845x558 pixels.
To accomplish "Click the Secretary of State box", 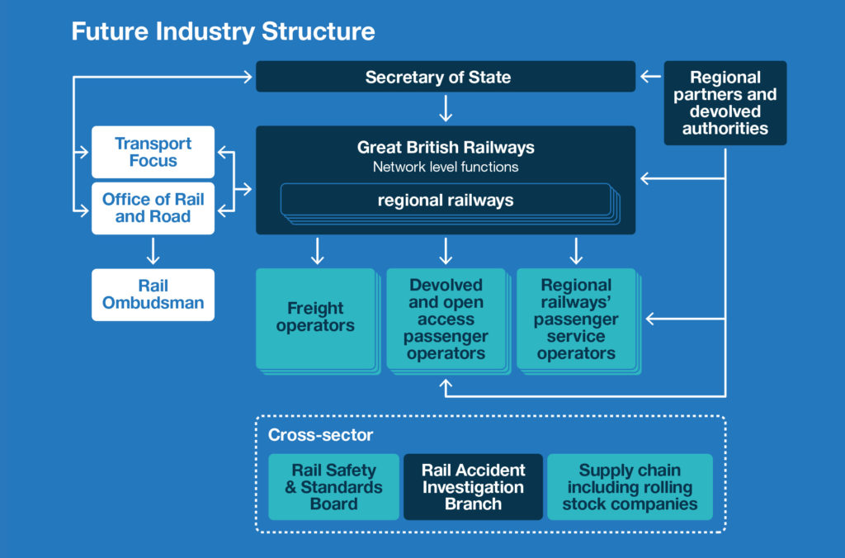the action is pos(446,77).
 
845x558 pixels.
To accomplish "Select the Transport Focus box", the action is pos(153,152).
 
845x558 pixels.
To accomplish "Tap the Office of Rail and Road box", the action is pos(153,208).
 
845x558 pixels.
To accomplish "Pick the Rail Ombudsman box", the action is pos(153,295).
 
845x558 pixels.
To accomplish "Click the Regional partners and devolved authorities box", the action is pos(725,103).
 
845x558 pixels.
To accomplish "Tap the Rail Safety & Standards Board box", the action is pos(333,487).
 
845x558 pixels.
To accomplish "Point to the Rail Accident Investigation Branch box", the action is pos(473,487).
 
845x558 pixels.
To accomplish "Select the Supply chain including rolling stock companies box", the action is pos(630,487).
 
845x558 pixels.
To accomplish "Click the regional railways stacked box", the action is pos(450,204).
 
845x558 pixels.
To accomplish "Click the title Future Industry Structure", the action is pos(223,31).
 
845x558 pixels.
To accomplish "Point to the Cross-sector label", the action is pos(321,435).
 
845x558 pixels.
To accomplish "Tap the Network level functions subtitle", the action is pos(446,167).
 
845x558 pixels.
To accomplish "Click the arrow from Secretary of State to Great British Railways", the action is pos(446,108).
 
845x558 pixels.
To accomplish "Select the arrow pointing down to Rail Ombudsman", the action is pos(153,251).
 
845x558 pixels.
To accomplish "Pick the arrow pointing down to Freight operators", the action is pos(318,251).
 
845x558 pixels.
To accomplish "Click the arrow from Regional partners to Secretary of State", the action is pos(650,77).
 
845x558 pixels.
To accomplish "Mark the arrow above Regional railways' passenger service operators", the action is pos(576,251).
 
